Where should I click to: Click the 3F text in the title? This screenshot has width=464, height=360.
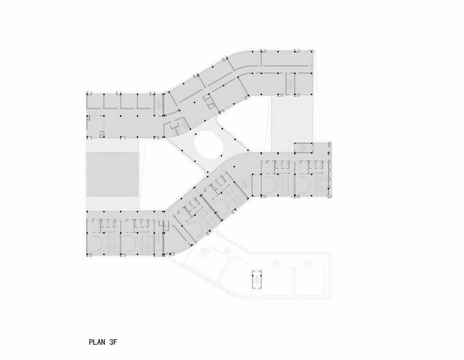tap(113, 342)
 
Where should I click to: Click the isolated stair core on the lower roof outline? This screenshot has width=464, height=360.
tap(257, 279)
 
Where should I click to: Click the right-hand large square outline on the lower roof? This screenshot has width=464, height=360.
tap(310, 281)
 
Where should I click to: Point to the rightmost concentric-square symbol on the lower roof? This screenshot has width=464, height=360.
tap(309, 263)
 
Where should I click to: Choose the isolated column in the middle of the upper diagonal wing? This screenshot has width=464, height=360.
tap(194, 103)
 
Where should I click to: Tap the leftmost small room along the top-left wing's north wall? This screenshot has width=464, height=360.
tap(95, 102)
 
